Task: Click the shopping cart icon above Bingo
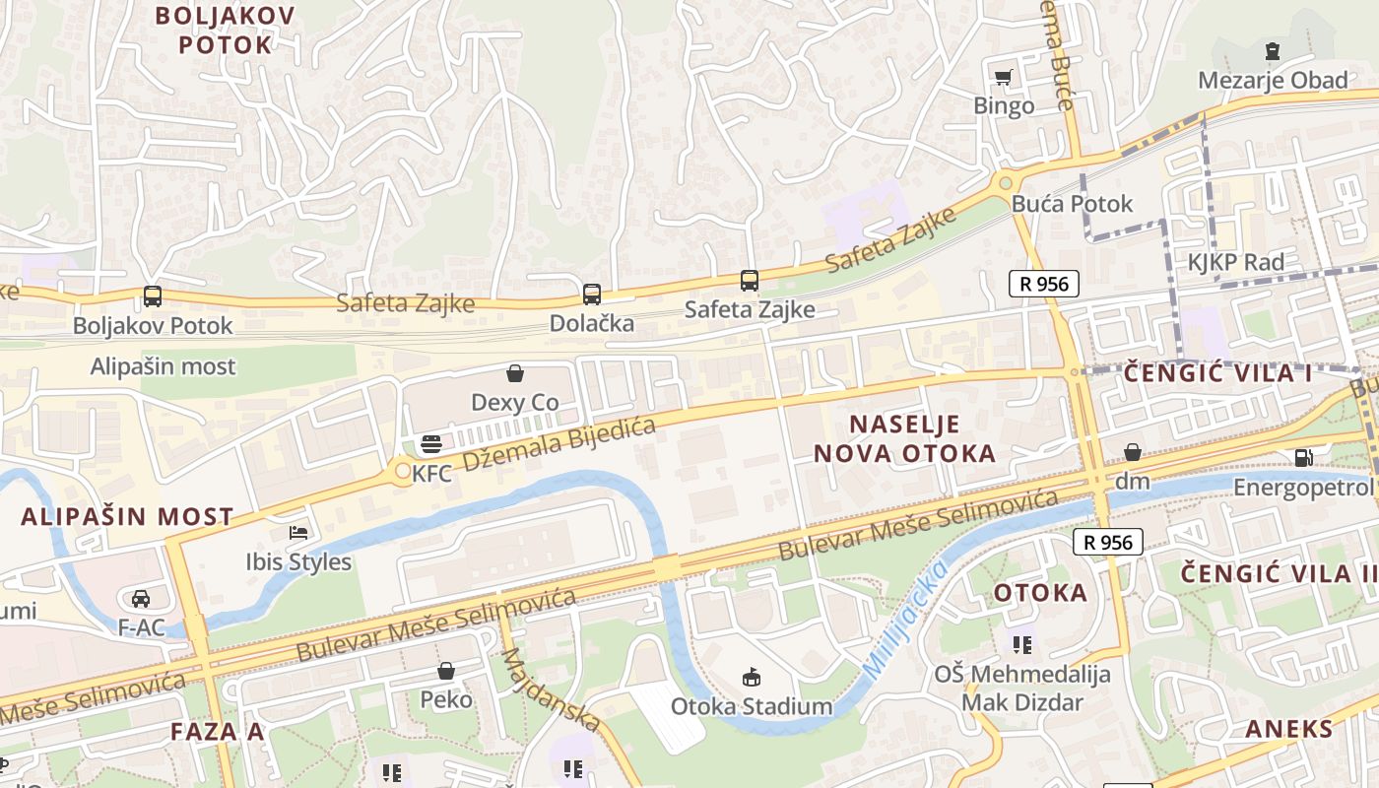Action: click(x=1004, y=77)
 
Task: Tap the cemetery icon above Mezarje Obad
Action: click(x=1273, y=51)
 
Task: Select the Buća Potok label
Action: click(x=1073, y=204)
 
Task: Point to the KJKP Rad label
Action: click(x=1235, y=262)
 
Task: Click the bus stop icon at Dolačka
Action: click(x=591, y=294)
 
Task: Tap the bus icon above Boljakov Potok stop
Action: click(x=152, y=295)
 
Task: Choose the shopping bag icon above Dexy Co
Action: click(x=514, y=373)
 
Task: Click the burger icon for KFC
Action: click(x=430, y=444)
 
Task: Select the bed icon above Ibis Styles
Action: click(x=298, y=533)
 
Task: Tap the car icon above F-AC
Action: click(x=141, y=598)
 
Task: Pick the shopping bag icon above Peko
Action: click(x=446, y=671)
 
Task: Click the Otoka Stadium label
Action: click(x=752, y=706)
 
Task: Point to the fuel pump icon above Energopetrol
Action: click(x=1303, y=457)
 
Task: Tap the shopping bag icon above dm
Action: click(x=1133, y=452)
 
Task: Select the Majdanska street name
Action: click(x=552, y=689)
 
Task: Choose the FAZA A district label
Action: click(x=217, y=731)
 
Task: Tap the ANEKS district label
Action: click(x=1289, y=729)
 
